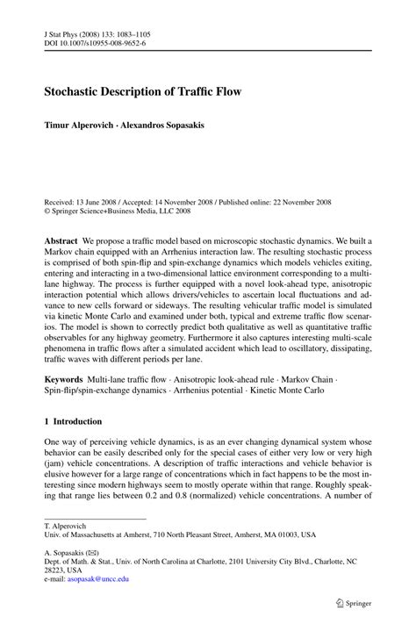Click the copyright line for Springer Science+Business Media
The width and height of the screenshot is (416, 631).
click(x=133, y=211)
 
